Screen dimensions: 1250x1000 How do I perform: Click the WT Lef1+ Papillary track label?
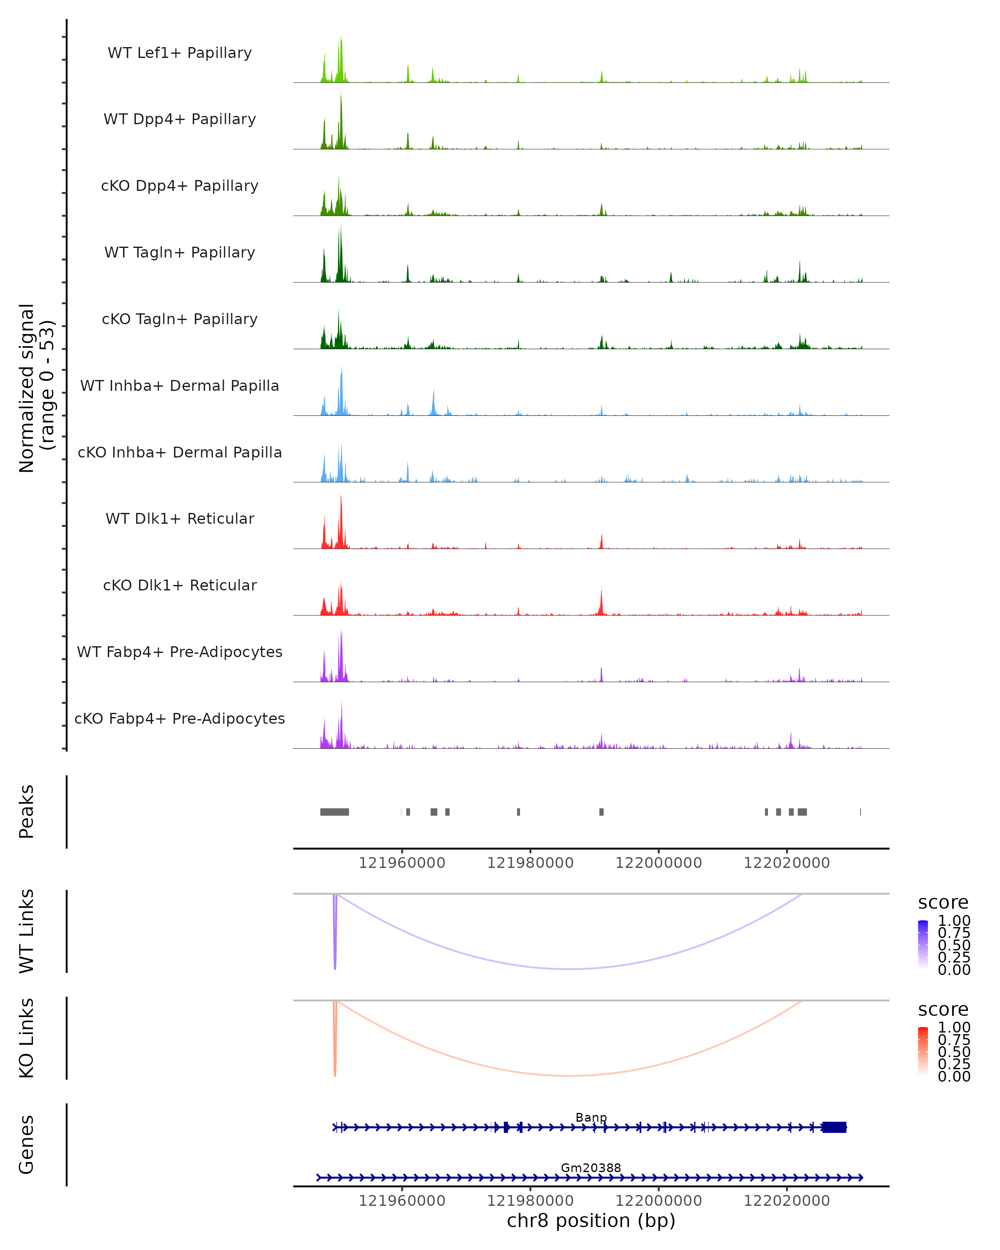180,53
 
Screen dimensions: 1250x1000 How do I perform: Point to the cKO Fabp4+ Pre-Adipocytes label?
180,718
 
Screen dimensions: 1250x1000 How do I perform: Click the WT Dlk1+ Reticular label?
180,518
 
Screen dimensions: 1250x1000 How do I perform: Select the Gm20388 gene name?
591,1167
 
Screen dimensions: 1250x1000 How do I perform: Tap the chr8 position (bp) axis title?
591,1220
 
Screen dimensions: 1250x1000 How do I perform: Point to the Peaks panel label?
27,812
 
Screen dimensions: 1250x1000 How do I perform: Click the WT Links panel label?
27,931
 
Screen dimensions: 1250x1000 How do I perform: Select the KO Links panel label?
27,1038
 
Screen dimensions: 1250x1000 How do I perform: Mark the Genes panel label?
27,1145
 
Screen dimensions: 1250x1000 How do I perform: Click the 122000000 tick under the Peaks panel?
659,863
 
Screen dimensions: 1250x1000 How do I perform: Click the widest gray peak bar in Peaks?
335,812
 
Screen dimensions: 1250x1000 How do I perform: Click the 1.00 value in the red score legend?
954,1027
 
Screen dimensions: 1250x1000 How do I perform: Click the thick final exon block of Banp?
834,1127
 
